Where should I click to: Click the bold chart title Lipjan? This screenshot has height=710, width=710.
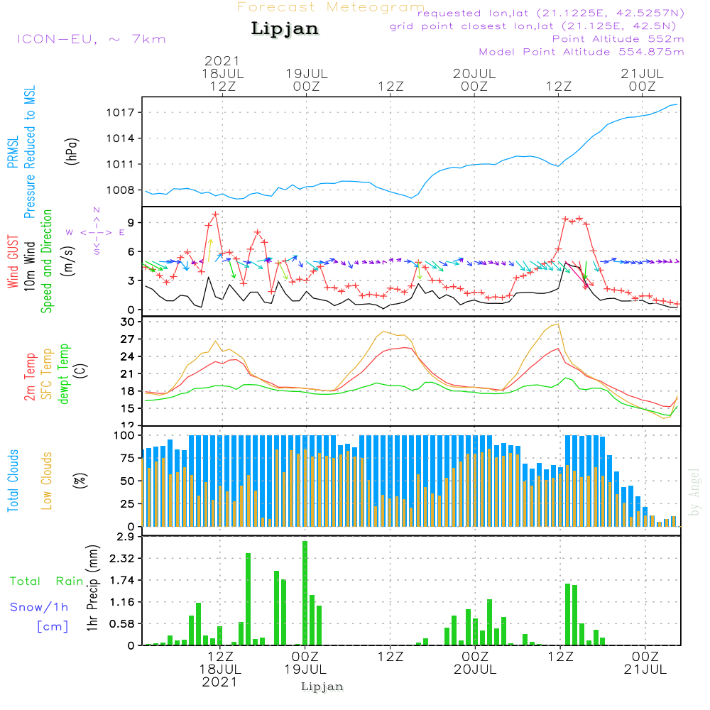285,28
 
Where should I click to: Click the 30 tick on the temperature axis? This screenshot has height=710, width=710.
129,322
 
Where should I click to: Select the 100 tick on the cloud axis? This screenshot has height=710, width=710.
125,435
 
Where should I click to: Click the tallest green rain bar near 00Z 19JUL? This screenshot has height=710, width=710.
305,593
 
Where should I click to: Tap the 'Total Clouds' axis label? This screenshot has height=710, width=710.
13,481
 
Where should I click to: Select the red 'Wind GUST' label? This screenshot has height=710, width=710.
13,263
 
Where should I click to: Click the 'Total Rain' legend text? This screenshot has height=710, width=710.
47,581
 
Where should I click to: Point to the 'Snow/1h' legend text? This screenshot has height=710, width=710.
40,607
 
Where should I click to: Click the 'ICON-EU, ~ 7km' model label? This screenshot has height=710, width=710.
91,38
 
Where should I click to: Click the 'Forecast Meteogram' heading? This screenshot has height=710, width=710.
331,7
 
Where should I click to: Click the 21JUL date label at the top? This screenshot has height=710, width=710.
642,73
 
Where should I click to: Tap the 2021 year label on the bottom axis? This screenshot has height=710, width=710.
220,682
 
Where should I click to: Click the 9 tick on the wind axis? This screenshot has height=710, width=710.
131,223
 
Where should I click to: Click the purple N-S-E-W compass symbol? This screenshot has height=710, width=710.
96,231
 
